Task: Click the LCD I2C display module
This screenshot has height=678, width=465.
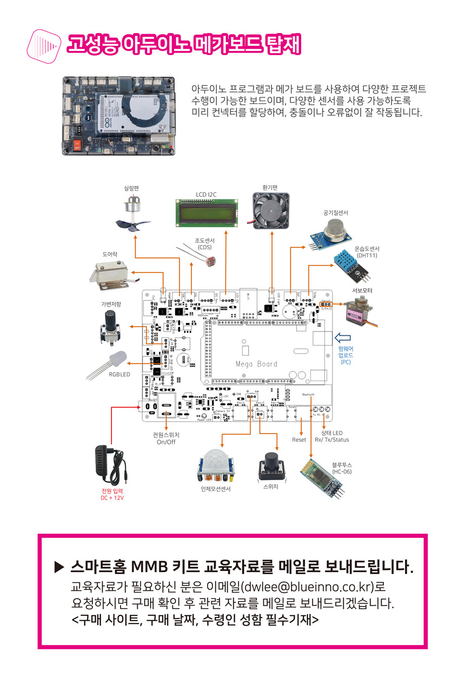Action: [x=208, y=212]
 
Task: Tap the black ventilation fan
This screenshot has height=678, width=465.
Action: [x=273, y=211]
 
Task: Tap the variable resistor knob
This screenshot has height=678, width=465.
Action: [x=109, y=327]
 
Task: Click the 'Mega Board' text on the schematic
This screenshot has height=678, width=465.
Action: [x=256, y=364]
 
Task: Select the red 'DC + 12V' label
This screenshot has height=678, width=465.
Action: [x=112, y=497]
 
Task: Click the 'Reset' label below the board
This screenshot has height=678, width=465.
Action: [x=299, y=440]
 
